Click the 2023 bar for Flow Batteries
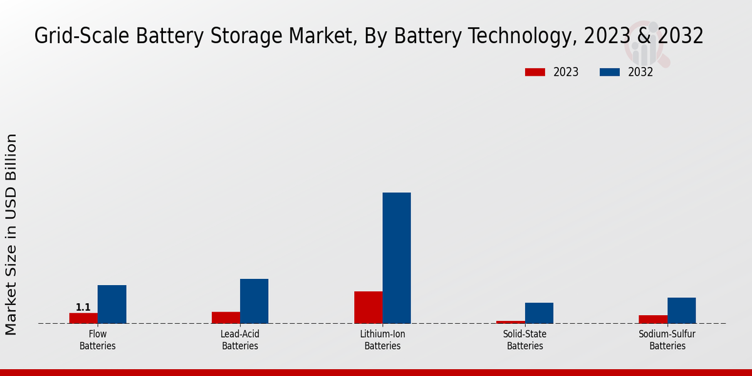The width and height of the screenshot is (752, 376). point(83,318)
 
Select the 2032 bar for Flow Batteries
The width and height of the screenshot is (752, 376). point(112,305)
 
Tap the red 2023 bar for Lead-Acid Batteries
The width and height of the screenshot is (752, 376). point(226,318)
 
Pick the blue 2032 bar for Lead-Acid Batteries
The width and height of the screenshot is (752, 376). point(254,301)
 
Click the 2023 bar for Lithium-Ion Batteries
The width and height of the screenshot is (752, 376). point(368,308)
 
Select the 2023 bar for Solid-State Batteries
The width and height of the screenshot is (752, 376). point(511,322)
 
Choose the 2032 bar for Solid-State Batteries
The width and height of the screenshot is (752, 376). point(539,313)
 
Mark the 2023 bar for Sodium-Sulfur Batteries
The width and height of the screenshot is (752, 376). point(653,320)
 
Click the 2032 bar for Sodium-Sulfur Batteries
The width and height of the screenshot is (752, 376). point(681,311)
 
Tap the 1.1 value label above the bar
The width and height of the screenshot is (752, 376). point(83,307)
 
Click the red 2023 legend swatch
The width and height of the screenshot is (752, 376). point(535,72)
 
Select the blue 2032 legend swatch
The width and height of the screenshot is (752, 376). point(609,72)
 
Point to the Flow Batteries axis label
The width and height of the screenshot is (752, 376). point(98,340)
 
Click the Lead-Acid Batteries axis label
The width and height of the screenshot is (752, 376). point(240,340)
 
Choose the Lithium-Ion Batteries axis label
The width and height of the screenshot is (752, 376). point(382,340)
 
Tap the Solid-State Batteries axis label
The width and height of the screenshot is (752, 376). point(525,340)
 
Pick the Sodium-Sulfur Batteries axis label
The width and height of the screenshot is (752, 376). point(667,340)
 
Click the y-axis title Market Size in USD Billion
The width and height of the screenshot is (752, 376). point(12,234)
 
